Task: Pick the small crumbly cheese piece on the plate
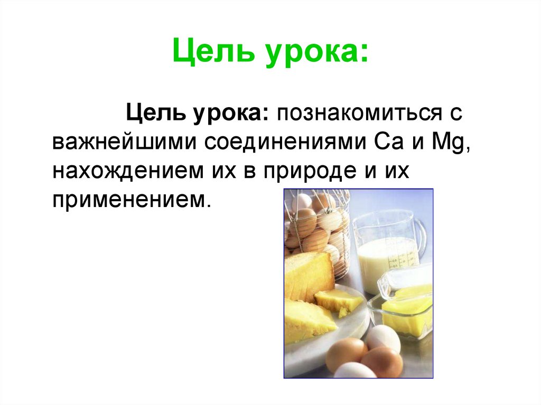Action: pyautogui.click(x=338, y=300)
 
